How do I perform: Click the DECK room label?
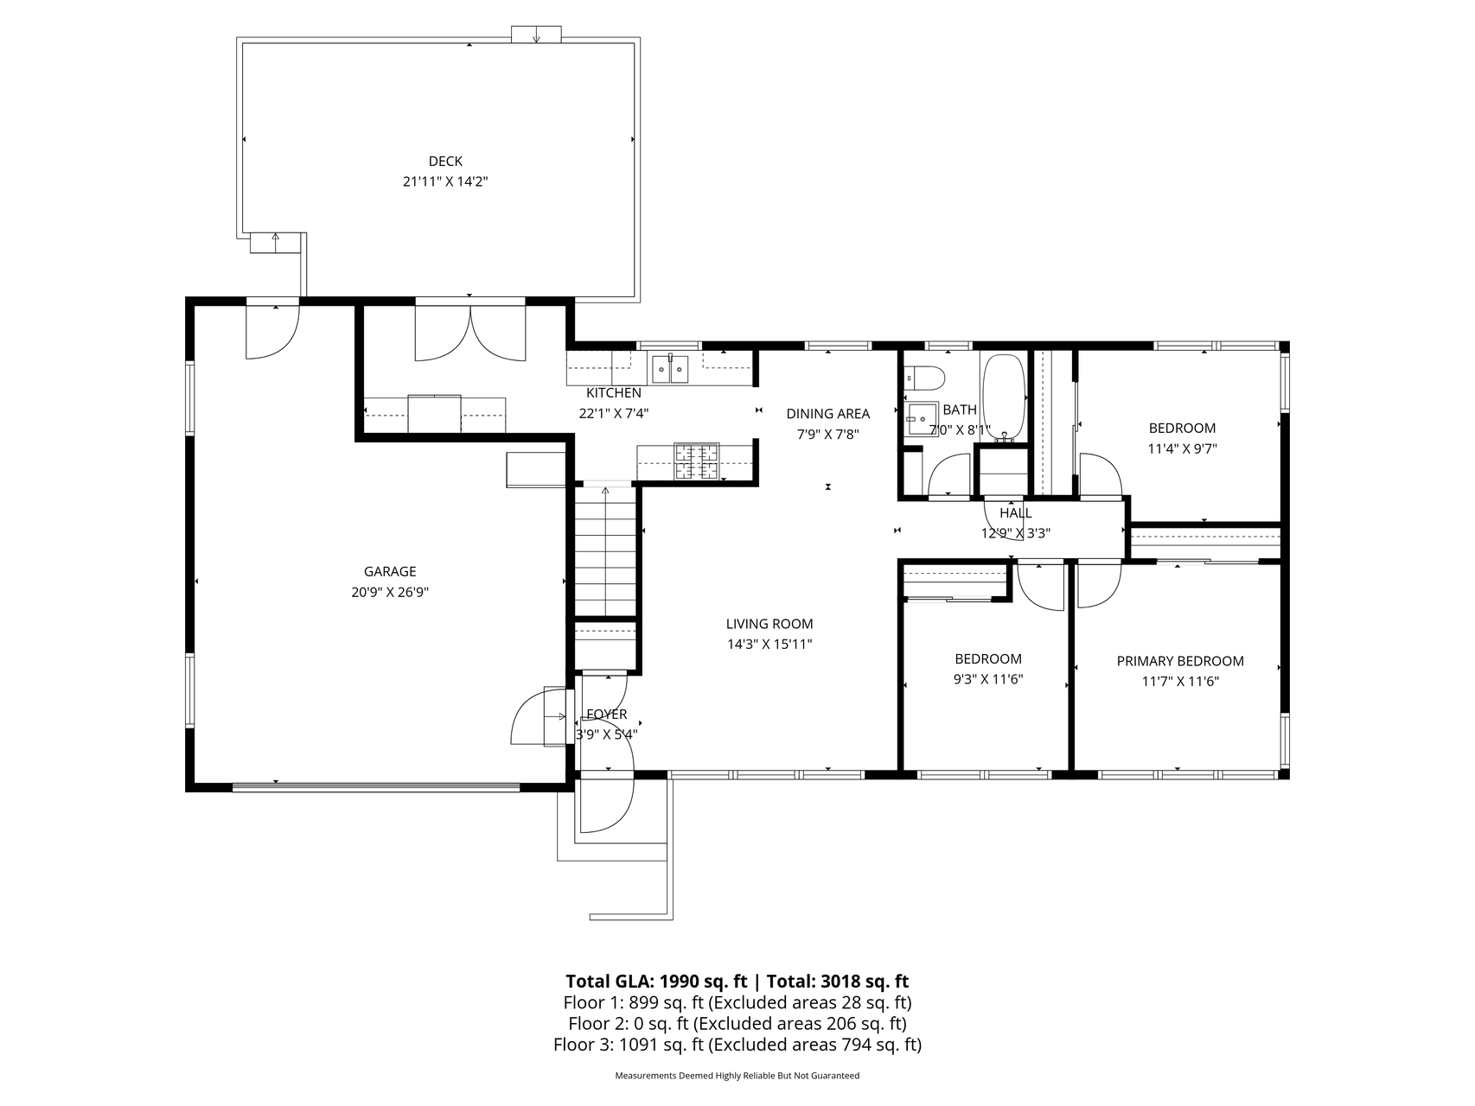click(445, 161)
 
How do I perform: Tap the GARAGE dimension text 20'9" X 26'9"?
click(390, 592)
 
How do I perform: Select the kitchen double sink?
click(670, 369)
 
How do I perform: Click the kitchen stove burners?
click(696, 461)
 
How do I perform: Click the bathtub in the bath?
click(1003, 397)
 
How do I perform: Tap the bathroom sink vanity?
click(922, 422)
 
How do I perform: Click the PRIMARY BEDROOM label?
click(1180, 661)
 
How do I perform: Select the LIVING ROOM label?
click(769, 624)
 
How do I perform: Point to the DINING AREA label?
click(828, 414)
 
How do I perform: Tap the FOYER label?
click(607, 715)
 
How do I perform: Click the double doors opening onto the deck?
click(470, 330)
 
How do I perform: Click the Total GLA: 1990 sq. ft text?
click(656, 982)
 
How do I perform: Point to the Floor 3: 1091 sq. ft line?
click(737, 1045)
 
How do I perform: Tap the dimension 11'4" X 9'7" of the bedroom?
click(1182, 448)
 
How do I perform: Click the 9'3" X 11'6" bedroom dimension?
click(988, 679)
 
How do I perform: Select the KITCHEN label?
click(614, 393)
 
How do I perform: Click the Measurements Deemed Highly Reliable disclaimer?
click(737, 1076)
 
